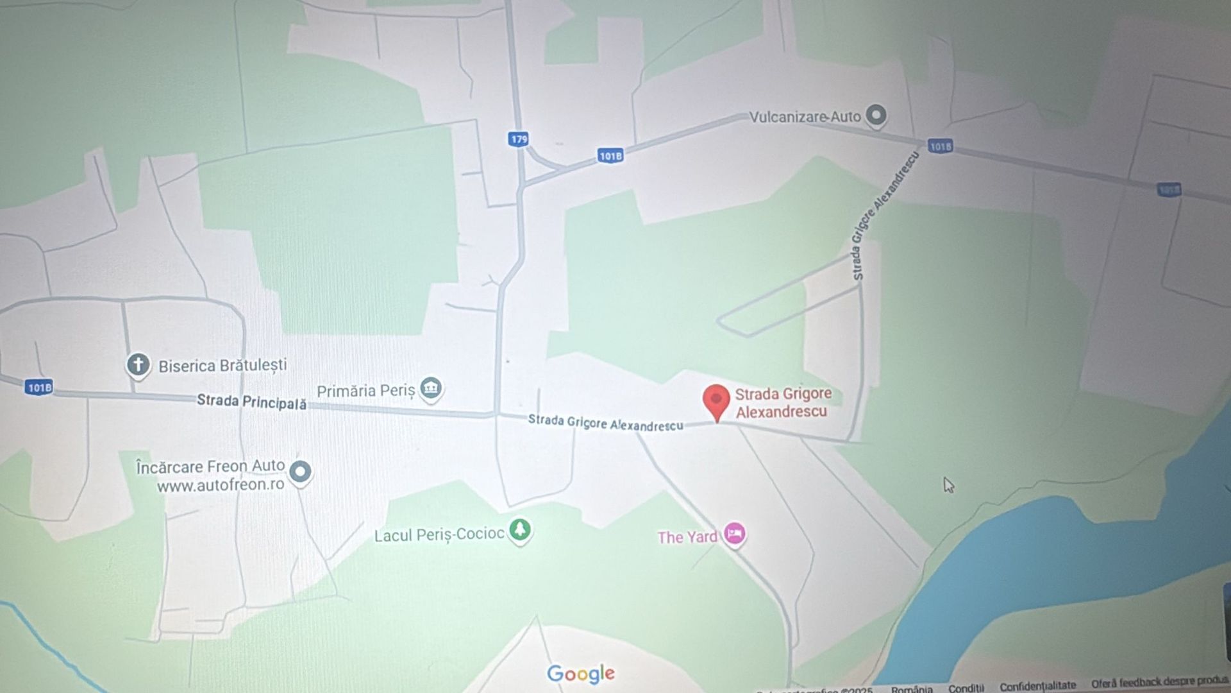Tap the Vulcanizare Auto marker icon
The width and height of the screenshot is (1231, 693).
(x=876, y=116)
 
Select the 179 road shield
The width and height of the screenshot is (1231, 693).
(x=518, y=139)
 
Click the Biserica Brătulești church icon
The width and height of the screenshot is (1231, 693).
(x=138, y=364)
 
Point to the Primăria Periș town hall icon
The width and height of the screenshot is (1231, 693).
(x=431, y=388)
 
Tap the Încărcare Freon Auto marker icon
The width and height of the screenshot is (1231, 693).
(x=300, y=472)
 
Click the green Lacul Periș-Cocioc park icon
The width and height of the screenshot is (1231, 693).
(x=520, y=530)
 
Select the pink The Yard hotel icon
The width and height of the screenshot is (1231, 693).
(x=734, y=533)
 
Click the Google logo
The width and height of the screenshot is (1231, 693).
(x=580, y=673)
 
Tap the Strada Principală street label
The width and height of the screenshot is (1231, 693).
(x=251, y=402)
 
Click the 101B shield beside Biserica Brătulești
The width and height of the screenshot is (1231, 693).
(x=39, y=388)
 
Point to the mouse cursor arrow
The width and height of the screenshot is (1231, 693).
(x=948, y=484)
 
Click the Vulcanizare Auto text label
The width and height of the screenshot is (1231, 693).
(x=805, y=117)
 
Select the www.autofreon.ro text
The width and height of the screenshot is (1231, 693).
(x=221, y=485)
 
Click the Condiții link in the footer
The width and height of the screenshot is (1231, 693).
(x=966, y=688)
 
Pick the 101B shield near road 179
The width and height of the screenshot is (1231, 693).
(x=610, y=156)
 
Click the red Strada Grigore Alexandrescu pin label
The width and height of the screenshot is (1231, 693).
(x=783, y=402)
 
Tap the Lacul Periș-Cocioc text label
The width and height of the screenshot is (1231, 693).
(x=439, y=534)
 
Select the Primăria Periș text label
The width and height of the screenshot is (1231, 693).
(x=365, y=391)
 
